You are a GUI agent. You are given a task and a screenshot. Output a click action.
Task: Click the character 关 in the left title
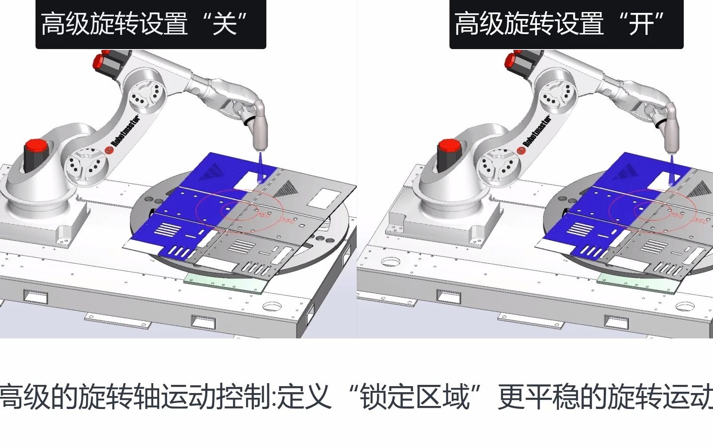[225, 24]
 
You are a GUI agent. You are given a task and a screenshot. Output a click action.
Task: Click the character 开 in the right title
[641, 24]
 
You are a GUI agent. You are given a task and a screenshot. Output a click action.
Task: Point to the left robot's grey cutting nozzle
[260, 129]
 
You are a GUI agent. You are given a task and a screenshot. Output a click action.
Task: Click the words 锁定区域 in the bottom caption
[415, 396]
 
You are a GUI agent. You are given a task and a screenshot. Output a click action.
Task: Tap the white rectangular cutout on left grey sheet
[322, 198]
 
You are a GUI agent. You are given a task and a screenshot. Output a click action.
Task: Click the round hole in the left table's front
[272, 307]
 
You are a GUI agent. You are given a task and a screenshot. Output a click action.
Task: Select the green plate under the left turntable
[224, 284]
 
